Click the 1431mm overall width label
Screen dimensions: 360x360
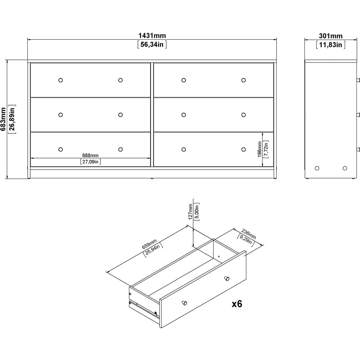tap(152, 36)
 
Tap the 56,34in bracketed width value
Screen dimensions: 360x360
tap(152, 45)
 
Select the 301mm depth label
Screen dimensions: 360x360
tap(330, 36)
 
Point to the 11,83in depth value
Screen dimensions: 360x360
tap(330, 45)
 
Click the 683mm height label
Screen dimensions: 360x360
tap(3, 119)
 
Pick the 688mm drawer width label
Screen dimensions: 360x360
tap(90, 156)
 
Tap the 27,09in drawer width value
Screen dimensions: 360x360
tap(90, 162)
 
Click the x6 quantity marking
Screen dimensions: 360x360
tap(236, 304)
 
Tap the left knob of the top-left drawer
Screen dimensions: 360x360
tap(60, 80)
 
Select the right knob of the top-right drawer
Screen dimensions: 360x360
tap(243, 80)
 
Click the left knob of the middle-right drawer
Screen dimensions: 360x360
tap(184, 115)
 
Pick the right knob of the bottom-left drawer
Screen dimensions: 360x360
tap(120, 149)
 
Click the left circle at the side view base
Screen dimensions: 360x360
tap(317, 168)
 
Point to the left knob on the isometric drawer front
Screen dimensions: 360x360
tap(184, 303)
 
